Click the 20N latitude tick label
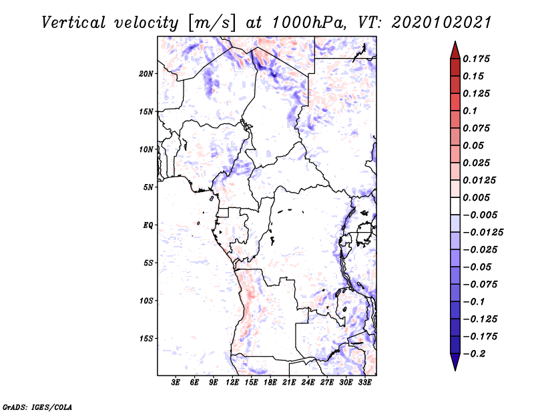click(x=146, y=74)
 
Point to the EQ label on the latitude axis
click(x=148, y=225)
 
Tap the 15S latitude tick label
click(x=146, y=339)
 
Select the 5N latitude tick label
click(x=148, y=187)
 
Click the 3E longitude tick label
click(x=176, y=383)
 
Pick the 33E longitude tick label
click(x=364, y=383)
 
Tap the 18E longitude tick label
click(x=270, y=383)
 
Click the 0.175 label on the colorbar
click(x=476, y=59)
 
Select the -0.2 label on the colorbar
click(x=474, y=354)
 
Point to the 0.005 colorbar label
click(x=476, y=197)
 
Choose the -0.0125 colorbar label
click(x=483, y=233)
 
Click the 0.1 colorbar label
click(x=470, y=111)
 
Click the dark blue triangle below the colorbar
click(x=455, y=361)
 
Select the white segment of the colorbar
click(x=455, y=206)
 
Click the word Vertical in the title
click(x=73, y=23)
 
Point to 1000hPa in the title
click(x=309, y=23)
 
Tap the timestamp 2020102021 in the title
click(x=441, y=23)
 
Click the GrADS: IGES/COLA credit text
click(x=37, y=407)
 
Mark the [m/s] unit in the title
click(x=212, y=23)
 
